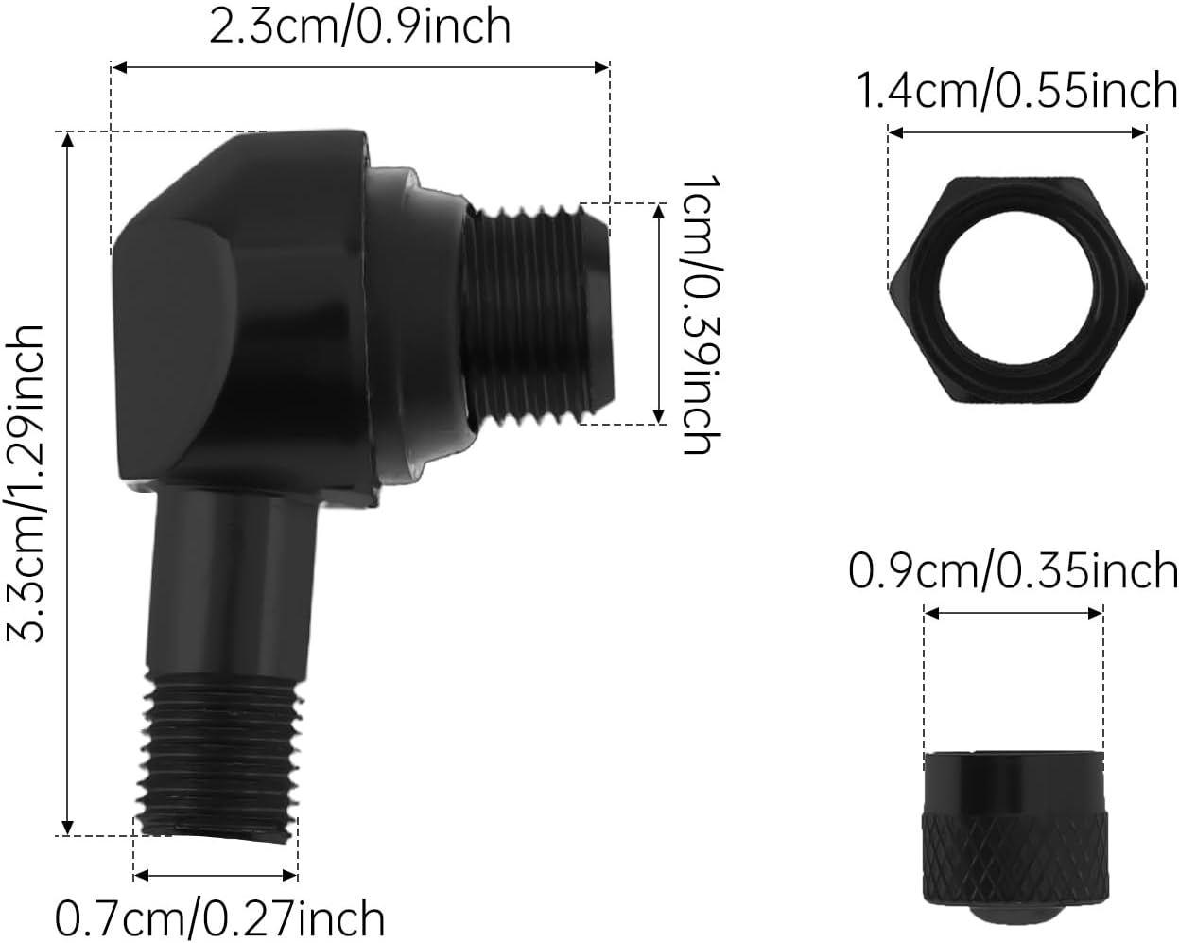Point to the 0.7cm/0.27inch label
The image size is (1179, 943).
point(220,917)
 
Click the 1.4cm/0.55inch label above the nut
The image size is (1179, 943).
point(1016,92)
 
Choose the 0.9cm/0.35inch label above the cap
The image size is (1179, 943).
point(1013,571)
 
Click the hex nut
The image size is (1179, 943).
point(1017,288)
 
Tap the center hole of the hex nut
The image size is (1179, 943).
point(1017,285)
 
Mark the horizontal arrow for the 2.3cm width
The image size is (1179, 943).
point(359,67)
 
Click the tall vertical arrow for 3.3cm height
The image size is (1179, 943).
point(67,483)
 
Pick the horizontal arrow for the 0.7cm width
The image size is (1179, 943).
point(216,871)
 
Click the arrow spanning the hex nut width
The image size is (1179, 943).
point(1017,134)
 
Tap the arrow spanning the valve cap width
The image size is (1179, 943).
point(1014,614)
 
